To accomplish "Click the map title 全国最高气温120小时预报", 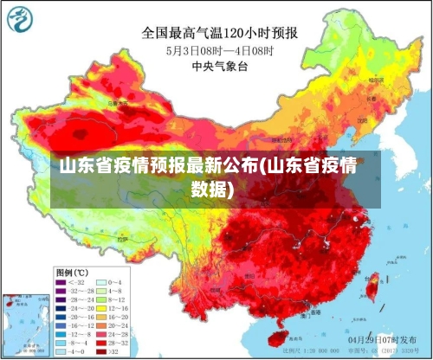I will tap(220, 34).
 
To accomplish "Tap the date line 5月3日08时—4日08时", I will tap(220, 50).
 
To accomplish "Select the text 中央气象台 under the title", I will tap(220, 64).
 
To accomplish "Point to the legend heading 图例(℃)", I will tap(74, 271).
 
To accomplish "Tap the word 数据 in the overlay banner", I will tap(212, 187).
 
